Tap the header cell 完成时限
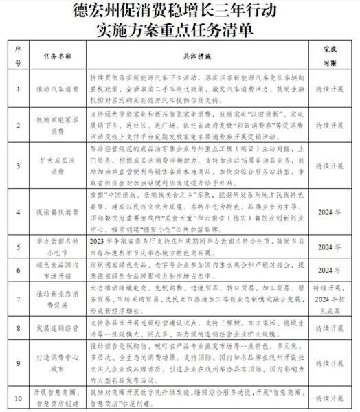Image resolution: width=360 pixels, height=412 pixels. (330, 54)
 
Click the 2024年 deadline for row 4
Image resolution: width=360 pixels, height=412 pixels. (330, 213)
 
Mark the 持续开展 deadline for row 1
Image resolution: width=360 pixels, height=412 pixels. (330, 89)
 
